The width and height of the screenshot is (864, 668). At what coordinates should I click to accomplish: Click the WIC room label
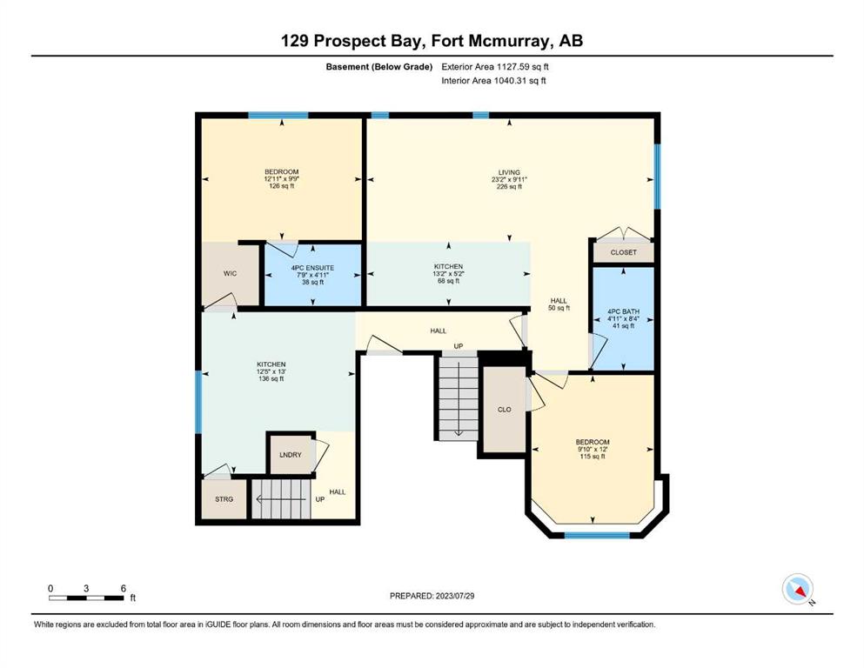coord(230,274)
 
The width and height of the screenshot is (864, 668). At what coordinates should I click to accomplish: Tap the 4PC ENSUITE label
coord(312,268)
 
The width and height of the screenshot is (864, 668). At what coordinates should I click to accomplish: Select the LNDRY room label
coord(291,455)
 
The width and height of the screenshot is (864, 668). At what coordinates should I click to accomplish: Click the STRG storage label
coord(224,499)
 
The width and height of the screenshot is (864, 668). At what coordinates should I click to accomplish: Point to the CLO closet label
coord(504,410)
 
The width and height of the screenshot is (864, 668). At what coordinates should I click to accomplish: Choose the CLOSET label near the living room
coord(623,253)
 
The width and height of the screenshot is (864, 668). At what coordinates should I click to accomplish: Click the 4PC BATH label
coord(623,311)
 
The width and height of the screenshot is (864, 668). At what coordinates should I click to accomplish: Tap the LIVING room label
coord(509,172)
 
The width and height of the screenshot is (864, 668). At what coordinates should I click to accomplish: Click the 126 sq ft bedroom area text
coord(282,186)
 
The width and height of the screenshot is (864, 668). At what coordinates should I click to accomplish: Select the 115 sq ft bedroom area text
coord(593,457)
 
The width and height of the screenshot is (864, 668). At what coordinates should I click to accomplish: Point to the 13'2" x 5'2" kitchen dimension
coord(448,274)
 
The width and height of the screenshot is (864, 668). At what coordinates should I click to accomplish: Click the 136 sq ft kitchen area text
coord(271,379)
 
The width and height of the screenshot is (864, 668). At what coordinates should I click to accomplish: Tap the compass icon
coord(797,589)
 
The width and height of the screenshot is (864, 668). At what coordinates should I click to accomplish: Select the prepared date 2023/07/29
coord(454,596)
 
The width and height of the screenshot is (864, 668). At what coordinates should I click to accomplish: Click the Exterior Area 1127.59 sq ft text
coord(495,67)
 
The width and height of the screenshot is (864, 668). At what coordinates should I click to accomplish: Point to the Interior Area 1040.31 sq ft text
coord(493,80)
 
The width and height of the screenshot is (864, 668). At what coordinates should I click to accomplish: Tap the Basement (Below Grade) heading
coord(379,67)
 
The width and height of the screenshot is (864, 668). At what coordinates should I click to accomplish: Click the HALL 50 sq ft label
coord(559,304)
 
